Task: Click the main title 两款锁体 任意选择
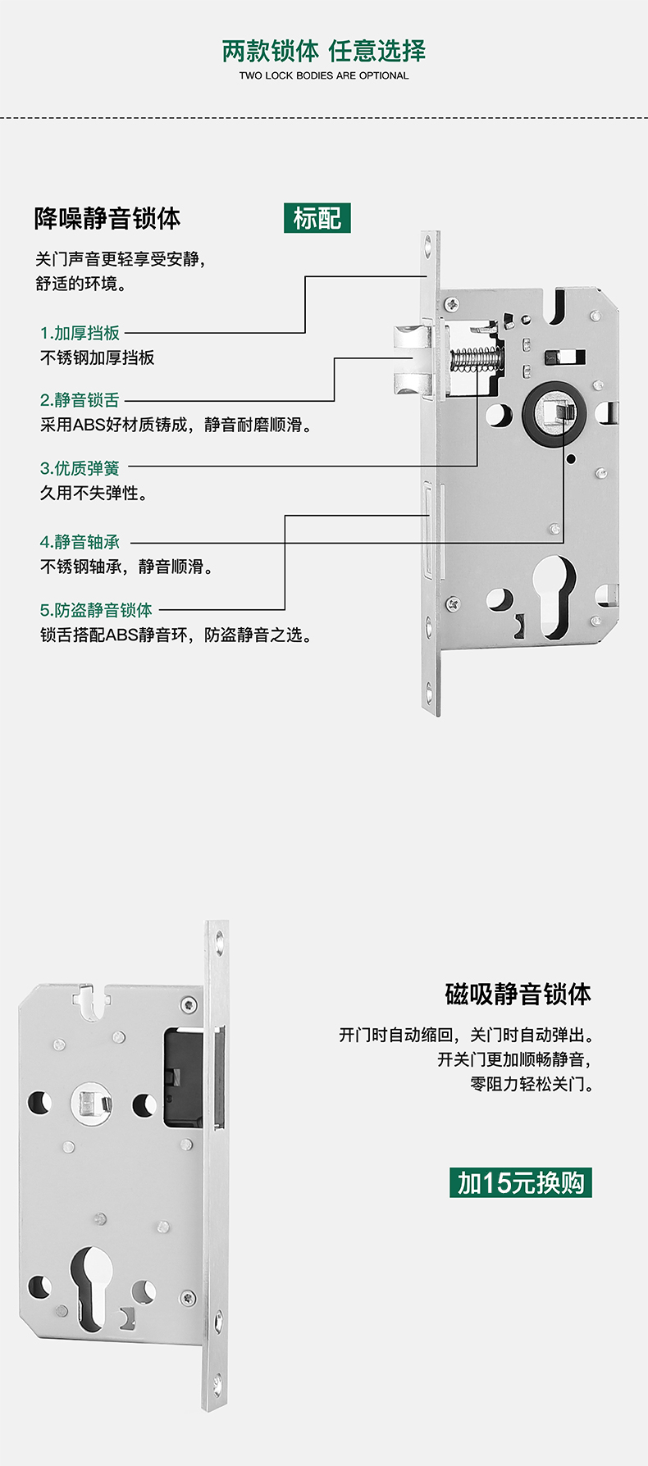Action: (x=324, y=51)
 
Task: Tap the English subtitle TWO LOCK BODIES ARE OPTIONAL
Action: (x=324, y=75)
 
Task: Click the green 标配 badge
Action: (x=317, y=218)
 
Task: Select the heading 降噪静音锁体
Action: (x=107, y=219)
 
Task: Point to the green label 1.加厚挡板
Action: (x=80, y=333)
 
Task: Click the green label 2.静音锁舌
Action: (x=80, y=400)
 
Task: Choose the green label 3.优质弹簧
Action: (x=80, y=468)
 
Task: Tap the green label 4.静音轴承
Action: (x=80, y=542)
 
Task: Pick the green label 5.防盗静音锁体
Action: (x=97, y=610)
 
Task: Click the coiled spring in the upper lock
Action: (x=476, y=358)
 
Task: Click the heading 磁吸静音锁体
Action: (x=518, y=994)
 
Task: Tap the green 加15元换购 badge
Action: (x=521, y=1182)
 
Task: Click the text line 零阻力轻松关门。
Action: (x=531, y=1084)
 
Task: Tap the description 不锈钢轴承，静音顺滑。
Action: (x=127, y=567)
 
